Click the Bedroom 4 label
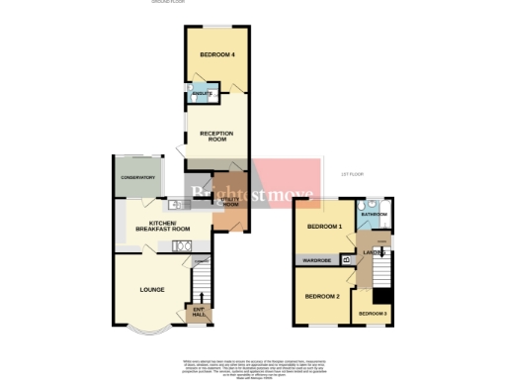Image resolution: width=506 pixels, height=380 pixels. coord(217,54)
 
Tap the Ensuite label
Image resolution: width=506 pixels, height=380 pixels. coord(202,93)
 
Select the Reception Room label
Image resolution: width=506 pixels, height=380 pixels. coord(214,137)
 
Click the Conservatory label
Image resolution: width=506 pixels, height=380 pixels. coord(138,177)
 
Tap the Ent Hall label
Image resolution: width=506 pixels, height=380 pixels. coord(199,314)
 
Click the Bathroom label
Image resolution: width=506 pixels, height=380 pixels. coord(375,214)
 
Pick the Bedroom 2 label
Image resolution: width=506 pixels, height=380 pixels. coord(322,296)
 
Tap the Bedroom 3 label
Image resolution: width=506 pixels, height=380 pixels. coord(373,314)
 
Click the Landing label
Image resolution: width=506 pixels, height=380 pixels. coord(375,254)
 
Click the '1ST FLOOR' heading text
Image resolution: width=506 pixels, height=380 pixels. coord(353,174)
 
